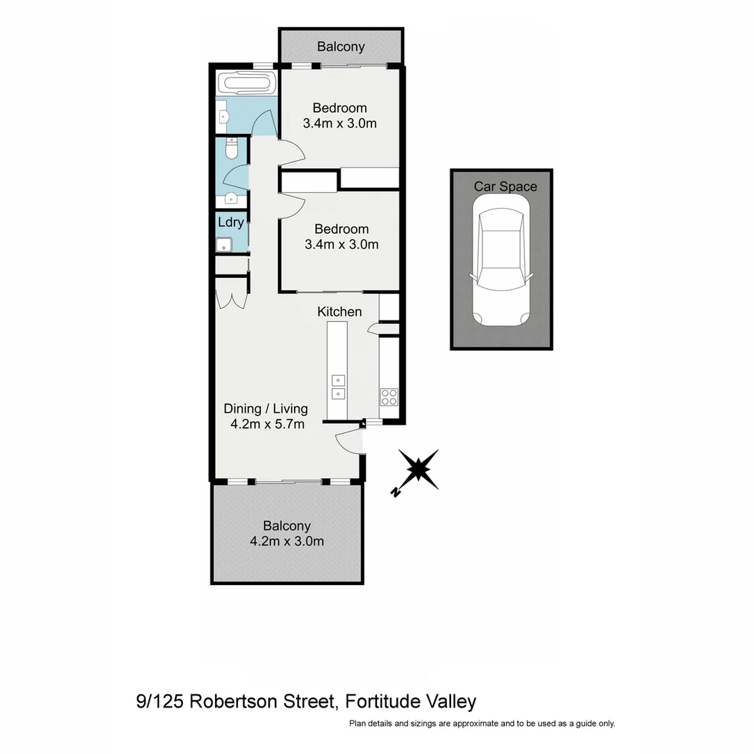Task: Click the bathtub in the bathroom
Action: [x=244, y=84]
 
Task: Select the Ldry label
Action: [x=231, y=223]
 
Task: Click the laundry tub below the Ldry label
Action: [x=224, y=244]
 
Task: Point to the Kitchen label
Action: [x=339, y=311]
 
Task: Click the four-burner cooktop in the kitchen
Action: [x=389, y=397]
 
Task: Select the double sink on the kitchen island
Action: [x=338, y=387]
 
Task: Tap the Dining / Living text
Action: [x=265, y=408]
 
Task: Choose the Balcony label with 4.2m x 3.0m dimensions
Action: [x=286, y=526]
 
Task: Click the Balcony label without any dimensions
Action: [x=341, y=47]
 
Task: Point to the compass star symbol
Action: [x=418, y=469]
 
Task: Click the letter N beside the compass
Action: [x=396, y=492]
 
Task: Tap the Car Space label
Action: [x=505, y=186]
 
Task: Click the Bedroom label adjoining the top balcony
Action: [x=339, y=108]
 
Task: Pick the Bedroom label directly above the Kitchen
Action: [x=341, y=229]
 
